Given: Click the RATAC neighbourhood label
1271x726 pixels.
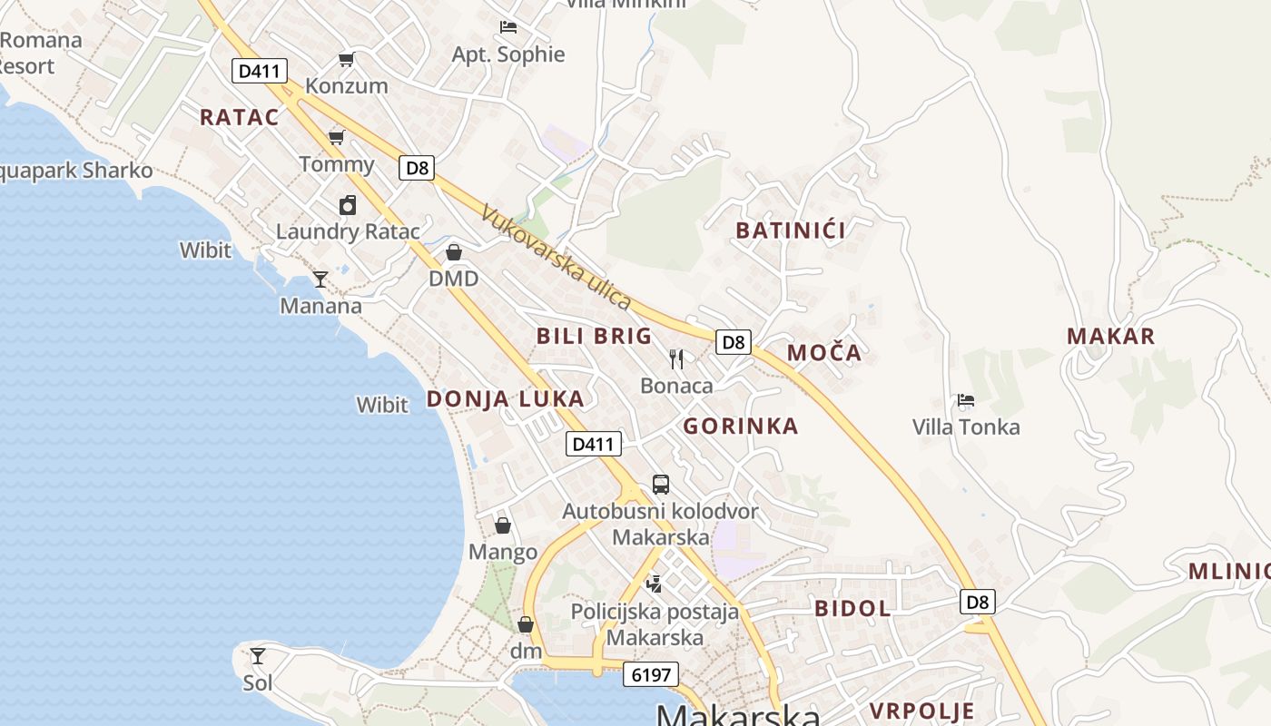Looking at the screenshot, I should pos(240,117).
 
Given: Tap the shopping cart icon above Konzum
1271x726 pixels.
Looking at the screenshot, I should pos(346,60).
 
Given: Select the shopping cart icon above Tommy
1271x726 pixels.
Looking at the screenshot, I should pos(337,138).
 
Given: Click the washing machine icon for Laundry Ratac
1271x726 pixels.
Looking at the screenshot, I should pos(347,205).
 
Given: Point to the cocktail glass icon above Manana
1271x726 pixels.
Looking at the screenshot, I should pos(320,279).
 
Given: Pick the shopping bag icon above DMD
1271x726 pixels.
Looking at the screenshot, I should pos(454,252).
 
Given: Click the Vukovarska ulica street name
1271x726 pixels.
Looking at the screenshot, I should pos(556,258).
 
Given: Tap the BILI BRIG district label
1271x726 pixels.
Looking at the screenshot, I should pos(595,336).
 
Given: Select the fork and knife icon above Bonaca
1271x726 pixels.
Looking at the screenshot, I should pos(676,359).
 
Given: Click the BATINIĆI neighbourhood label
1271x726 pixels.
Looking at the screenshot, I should pos(791,231).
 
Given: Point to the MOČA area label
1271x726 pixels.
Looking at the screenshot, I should pos(824,353).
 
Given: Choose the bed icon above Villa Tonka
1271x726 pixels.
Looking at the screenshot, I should pos(966,400).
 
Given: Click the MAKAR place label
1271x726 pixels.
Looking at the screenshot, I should pos(1111,337).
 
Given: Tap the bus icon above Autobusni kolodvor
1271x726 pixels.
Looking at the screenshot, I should pos(661,485).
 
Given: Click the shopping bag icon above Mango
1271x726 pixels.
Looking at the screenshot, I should pos(503,525).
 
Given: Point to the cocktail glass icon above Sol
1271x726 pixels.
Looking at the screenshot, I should pos(258,655).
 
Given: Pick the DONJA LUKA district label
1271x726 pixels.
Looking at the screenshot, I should pos(506,399).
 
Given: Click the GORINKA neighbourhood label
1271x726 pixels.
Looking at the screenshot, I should pos(741,427).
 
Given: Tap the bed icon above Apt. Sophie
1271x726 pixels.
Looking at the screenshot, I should pos(508,27).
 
